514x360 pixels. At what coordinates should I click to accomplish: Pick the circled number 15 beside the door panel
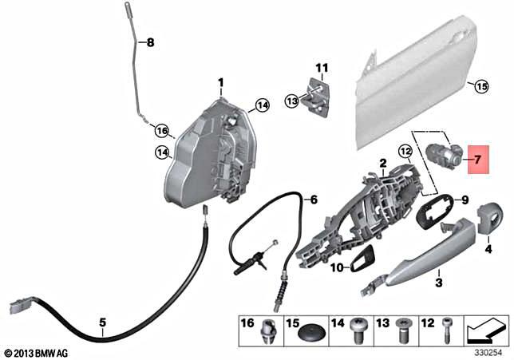480,85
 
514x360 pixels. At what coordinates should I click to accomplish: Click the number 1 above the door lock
221,82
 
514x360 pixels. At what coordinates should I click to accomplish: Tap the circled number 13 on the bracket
291,101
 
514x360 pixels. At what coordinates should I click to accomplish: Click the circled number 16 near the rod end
162,130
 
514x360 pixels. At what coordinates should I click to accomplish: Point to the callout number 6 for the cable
313,199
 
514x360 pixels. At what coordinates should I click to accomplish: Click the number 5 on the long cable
102,323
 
